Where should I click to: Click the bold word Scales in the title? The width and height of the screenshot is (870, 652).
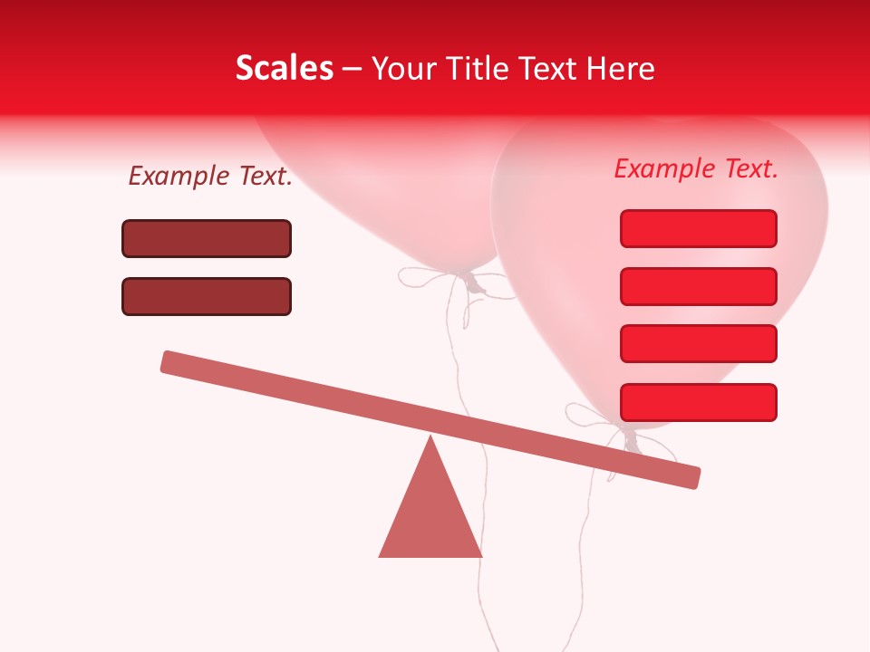284,68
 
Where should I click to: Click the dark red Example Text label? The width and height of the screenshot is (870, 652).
210,177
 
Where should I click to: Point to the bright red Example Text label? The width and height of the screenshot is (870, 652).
696,168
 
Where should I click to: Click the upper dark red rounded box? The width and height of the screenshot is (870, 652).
207,238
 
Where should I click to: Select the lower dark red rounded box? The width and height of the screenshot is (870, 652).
207,296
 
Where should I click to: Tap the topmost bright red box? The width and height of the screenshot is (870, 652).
698,228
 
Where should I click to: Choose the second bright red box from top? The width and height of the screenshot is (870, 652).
698,286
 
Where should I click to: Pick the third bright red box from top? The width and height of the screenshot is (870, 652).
698,344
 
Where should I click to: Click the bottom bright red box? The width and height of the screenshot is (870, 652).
698,402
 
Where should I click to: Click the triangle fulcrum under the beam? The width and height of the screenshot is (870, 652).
430,516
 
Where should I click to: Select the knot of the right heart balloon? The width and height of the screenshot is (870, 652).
631,440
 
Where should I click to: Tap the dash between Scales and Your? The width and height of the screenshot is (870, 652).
353,69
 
